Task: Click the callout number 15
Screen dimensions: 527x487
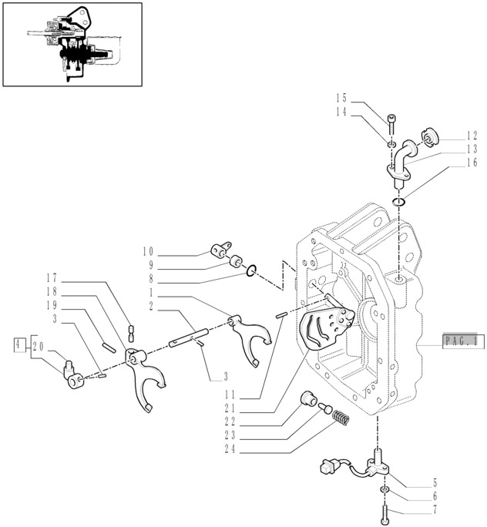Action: tap(342, 98)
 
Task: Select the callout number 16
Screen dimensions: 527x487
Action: tap(472, 163)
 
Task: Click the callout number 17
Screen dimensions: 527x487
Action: tap(52, 277)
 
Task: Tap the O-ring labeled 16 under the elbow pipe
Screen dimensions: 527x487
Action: tap(398, 202)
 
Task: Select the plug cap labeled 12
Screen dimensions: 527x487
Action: tap(429, 139)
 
